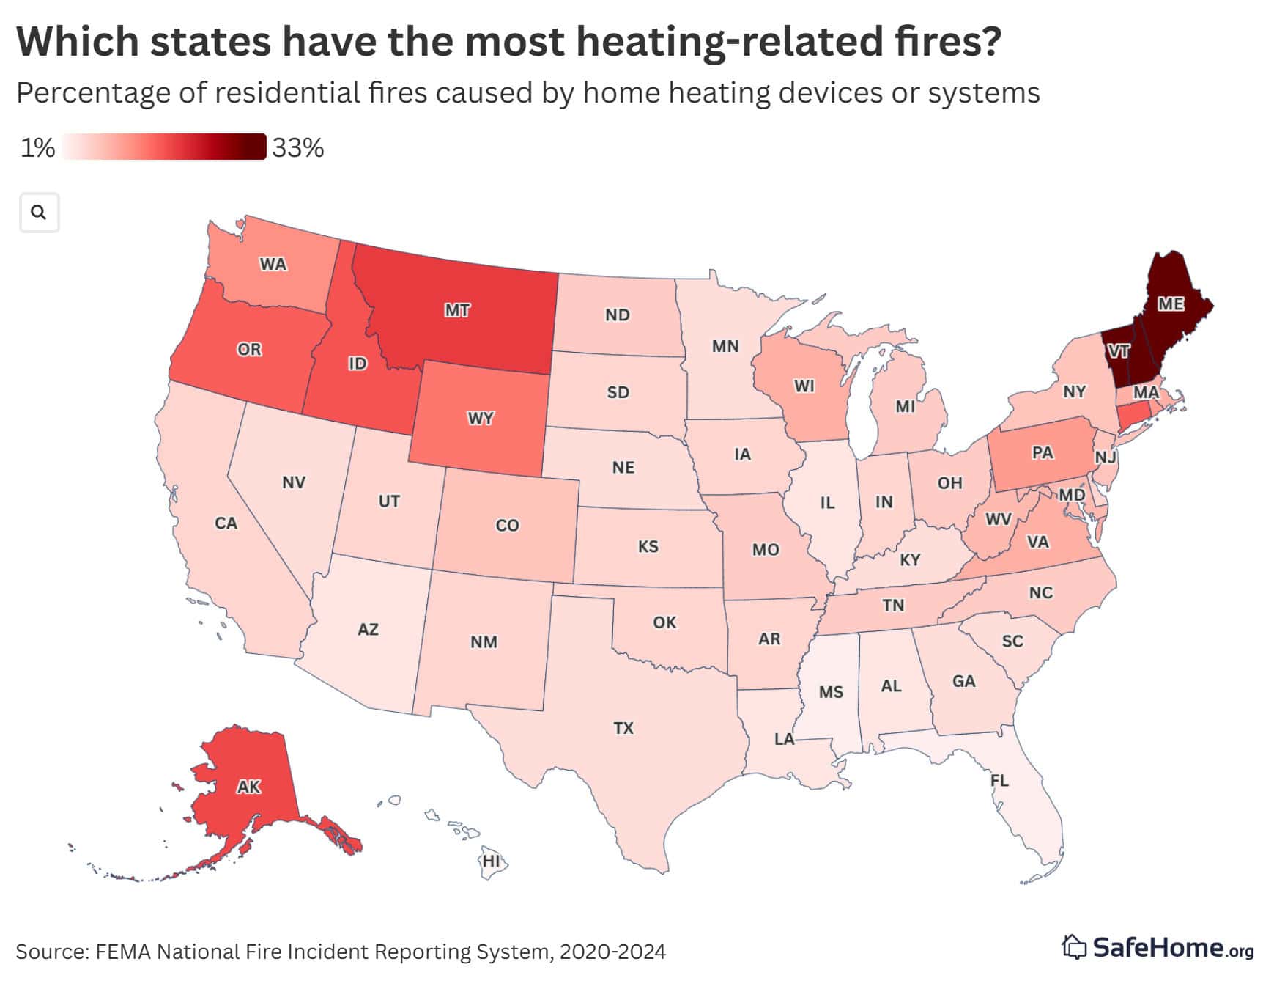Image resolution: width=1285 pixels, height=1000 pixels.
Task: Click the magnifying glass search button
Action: [x=39, y=213]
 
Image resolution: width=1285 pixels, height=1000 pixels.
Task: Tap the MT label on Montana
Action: [x=457, y=310]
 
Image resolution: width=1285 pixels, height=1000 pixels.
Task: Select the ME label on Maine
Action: [x=1170, y=303]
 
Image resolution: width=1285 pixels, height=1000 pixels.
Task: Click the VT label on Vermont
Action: [x=1118, y=351]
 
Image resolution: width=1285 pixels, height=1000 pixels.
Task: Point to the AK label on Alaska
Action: [x=248, y=787]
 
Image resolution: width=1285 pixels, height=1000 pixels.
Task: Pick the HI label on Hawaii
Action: [x=491, y=860]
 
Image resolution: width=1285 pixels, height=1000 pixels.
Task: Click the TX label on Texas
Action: [x=623, y=728]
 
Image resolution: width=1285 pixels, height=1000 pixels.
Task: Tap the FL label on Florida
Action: [x=999, y=780]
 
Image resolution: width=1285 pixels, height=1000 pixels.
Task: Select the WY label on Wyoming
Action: [x=481, y=419]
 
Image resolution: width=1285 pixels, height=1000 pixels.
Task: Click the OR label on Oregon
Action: [x=249, y=349]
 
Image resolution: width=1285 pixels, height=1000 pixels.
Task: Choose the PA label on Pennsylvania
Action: [x=1043, y=452]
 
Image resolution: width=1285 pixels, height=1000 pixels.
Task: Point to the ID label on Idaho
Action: [x=357, y=363]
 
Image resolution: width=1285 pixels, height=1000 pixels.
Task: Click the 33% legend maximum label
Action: [x=297, y=148]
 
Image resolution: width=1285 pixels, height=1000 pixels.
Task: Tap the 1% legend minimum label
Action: [x=37, y=148]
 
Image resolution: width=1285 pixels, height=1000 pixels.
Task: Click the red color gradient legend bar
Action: [x=163, y=147]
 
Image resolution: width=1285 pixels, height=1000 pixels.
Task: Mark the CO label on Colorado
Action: [x=507, y=525]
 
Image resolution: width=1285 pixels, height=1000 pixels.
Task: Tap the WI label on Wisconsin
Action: [x=804, y=386]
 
